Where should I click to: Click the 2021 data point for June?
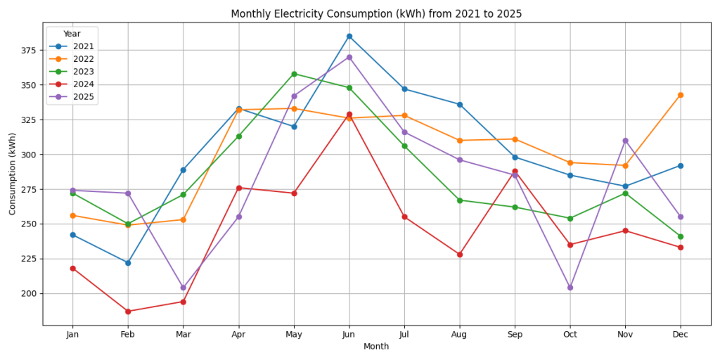349,37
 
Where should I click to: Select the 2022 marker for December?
681,95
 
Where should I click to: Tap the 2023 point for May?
294,74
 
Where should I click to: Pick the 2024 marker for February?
128,311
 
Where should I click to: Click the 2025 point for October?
570,288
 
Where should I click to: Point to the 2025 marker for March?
184,288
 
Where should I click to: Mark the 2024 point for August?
460,255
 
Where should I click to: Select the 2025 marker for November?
625,141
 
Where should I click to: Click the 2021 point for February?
128,263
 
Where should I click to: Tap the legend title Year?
72,34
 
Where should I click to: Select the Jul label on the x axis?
404,335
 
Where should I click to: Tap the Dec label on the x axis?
681,335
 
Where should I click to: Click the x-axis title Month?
376,347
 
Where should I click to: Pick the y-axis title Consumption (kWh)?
13,174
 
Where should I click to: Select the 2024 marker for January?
72,269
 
